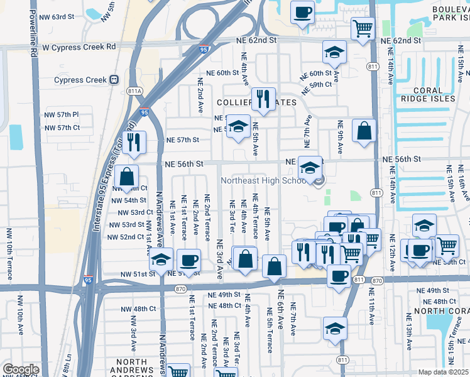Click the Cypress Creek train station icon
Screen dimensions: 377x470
(x=114, y=80)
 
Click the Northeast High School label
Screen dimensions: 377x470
(x=263, y=181)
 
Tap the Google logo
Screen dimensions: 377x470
(x=21, y=369)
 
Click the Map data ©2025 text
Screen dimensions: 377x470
(x=444, y=372)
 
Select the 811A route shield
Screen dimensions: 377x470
(x=134, y=91)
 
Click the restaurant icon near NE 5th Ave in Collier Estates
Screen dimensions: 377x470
(x=263, y=99)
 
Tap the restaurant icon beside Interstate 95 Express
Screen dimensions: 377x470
(x=134, y=143)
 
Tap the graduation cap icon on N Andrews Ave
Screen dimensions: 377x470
(x=161, y=260)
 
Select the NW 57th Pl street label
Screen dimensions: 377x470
(x=62, y=115)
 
